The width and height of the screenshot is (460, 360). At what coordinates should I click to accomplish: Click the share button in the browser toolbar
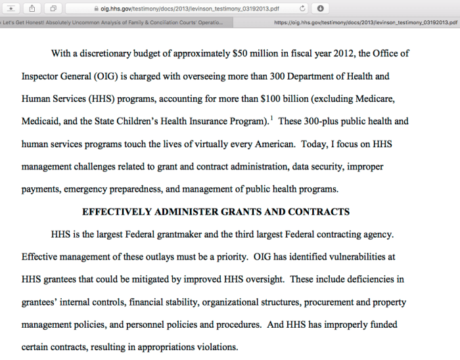pos(32,9)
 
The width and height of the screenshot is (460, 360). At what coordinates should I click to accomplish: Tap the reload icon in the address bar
pos(302,9)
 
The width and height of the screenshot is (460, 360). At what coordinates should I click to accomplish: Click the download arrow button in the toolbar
pos(320,9)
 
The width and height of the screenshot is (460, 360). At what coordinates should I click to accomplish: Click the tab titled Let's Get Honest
pos(112,22)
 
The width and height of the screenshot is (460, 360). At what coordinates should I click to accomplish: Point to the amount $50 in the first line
pos(241,53)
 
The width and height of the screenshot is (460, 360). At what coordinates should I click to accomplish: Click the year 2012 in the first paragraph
pos(324,53)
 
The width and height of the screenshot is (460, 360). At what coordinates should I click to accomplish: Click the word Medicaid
pos(41,122)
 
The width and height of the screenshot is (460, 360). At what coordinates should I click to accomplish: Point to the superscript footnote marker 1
pos(271,119)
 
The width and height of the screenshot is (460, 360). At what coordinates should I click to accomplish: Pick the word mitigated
pos(145,279)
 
